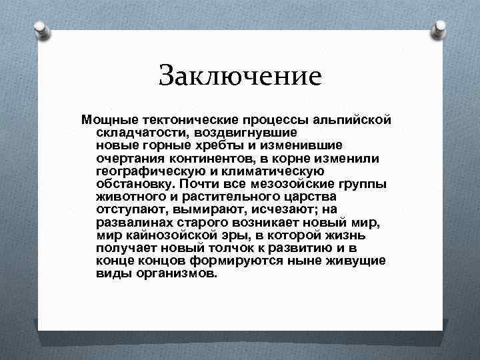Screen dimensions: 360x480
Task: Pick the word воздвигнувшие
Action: pos(240,132)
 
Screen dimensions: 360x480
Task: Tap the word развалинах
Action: pos(133,222)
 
